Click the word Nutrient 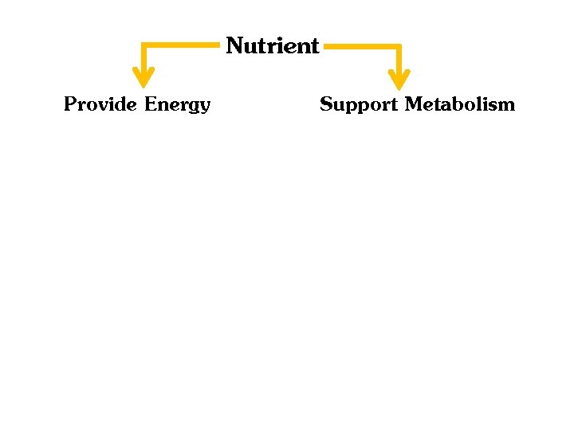click(272, 46)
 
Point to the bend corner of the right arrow click(399, 48)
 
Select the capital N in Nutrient click(234, 46)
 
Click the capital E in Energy click(151, 104)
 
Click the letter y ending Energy click(204, 107)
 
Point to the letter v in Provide click(102, 106)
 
